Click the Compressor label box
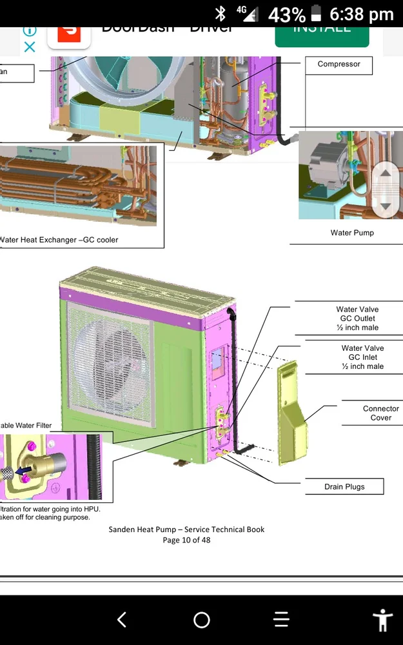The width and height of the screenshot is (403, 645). click(x=339, y=64)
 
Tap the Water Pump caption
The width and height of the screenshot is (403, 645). click(x=351, y=233)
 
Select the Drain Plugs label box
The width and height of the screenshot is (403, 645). click(x=344, y=487)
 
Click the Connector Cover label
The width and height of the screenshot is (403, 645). click(x=380, y=413)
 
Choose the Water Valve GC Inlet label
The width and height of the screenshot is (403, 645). click(x=362, y=357)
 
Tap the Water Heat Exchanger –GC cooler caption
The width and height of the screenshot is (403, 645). click(x=59, y=240)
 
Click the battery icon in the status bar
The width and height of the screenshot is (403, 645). click(x=316, y=14)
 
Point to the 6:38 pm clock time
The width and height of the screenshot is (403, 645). click(x=361, y=14)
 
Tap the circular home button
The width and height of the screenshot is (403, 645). click(x=202, y=620)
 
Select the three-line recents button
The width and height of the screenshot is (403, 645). click(x=281, y=620)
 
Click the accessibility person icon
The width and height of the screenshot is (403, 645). click(x=382, y=620)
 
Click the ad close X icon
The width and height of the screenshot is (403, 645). click(x=30, y=46)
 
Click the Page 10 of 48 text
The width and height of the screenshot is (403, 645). click(x=186, y=540)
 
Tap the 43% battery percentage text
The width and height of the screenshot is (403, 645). click(x=286, y=14)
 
